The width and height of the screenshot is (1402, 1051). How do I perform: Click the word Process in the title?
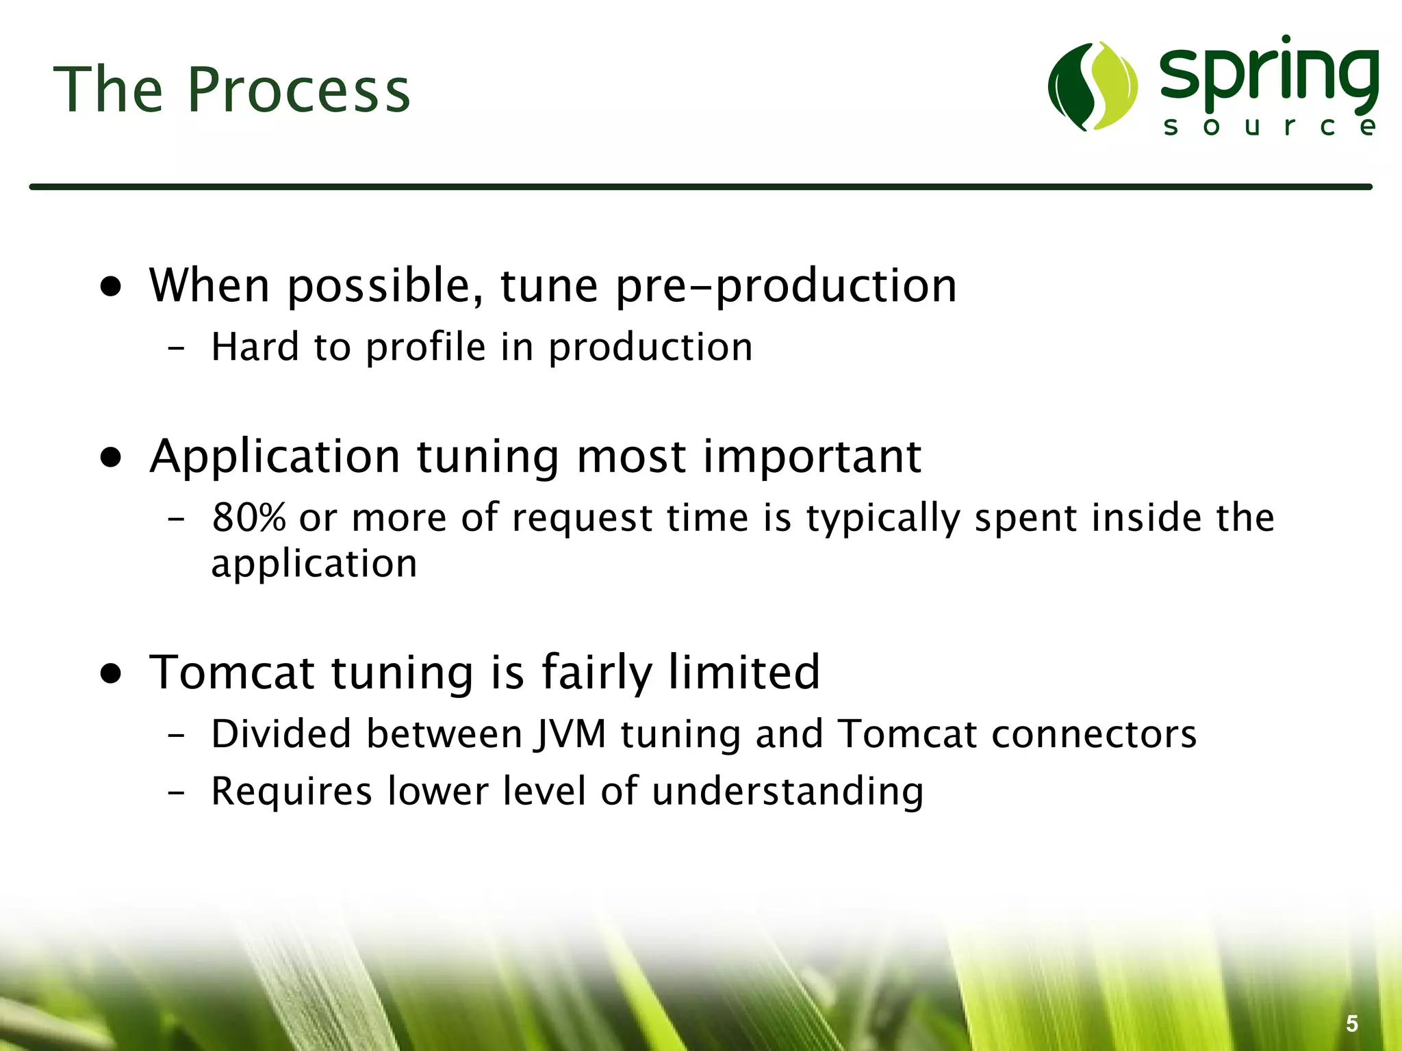[x=298, y=90]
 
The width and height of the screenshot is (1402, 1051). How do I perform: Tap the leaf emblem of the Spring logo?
[x=1093, y=86]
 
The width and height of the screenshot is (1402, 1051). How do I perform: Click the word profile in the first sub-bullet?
[x=425, y=348]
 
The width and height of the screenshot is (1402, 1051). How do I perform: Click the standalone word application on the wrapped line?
[x=314, y=565]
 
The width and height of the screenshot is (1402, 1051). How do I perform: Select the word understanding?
[x=787, y=792]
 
